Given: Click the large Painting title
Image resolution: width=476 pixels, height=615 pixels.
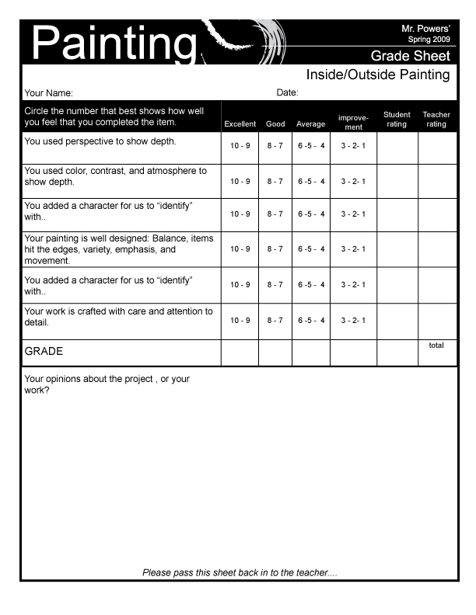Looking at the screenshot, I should tap(112, 43).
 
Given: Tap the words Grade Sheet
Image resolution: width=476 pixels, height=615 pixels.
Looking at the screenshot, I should tap(410, 56).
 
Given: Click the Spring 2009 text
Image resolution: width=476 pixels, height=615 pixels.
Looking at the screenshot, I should tap(429, 39).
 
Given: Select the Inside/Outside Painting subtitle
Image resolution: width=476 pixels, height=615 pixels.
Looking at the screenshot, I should tap(378, 75).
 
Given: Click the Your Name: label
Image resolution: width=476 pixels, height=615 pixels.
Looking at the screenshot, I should tap(49, 93).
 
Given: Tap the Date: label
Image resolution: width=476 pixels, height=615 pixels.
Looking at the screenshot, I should tap(288, 93).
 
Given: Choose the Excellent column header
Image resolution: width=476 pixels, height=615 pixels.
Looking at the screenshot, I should tap(240, 124).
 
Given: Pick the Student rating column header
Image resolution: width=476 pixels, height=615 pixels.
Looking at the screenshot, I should tap(397, 120).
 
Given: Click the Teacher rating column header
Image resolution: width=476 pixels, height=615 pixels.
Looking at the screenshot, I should tap(436, 120).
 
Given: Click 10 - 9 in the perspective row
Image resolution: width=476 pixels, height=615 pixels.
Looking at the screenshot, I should tap(240, 147).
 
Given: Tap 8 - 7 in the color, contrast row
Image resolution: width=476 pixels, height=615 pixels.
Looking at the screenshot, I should tap(275, 182).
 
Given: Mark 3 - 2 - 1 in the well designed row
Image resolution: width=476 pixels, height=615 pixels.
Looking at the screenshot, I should tap(353, 249).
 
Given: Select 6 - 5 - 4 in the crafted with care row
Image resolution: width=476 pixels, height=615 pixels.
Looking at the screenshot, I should tap(311, 320).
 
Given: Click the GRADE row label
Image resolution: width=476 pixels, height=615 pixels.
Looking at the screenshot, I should tap(44, 351).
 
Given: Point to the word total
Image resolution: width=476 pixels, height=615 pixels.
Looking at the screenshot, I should tap(436, 346).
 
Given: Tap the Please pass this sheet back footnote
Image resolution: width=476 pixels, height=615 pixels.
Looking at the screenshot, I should tap(240, 573).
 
